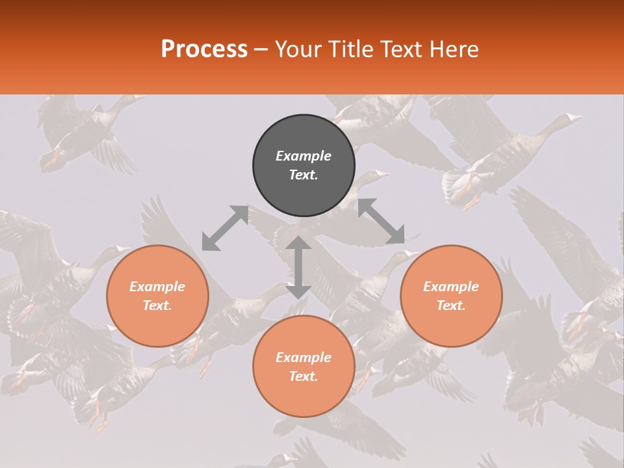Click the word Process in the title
coord(204,49)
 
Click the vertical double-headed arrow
coord(298,267)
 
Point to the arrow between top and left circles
coord(225,228)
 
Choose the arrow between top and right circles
coord(382,222)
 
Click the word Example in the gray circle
coord(304,156)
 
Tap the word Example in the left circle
coord(157,287)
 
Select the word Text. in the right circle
coord(451,305)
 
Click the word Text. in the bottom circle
coord(304,376)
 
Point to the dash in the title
coord(261,50)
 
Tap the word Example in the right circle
coord(451,287)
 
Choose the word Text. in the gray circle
coord(304,175)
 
